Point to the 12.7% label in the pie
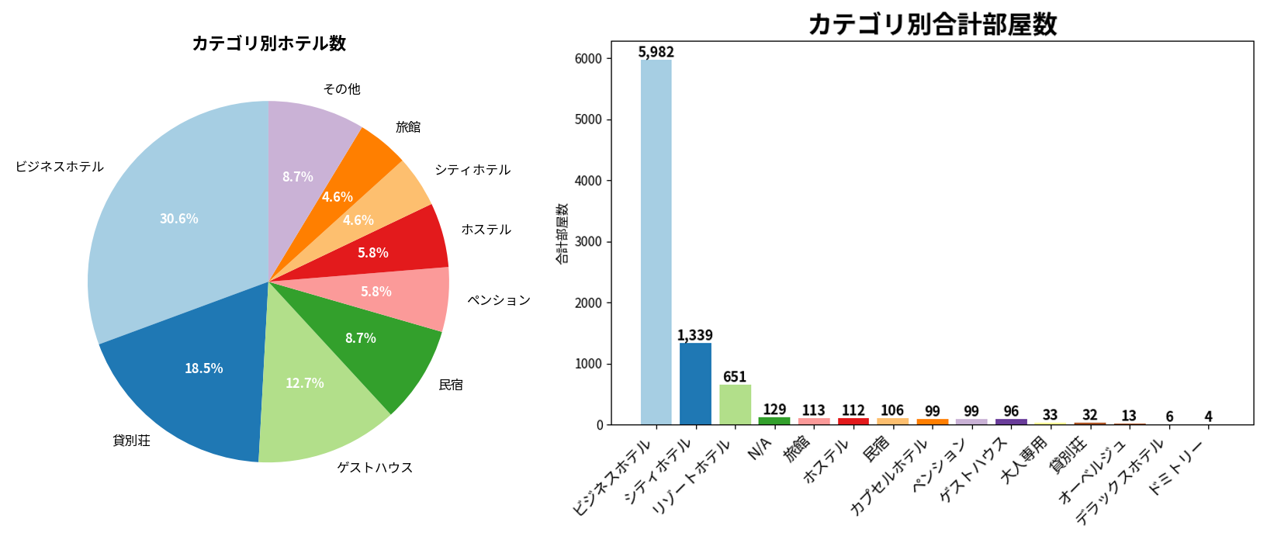pyautogui.click(x=305, y=383)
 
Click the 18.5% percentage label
pyautogui.click(x=203, y=368)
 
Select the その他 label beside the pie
pyautogui.click(x=341, y=89)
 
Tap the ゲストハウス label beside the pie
pyautogui.click(x=375, y=468)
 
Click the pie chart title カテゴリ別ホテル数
pyautogui.click(x=268, y=43)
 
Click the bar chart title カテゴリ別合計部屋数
pyautogui.click(x=932, y=24)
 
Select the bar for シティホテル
pyautogui.click(x=695, y=383)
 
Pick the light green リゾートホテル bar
pyautogui.click(x=735, y=404)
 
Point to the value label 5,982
pyautogui.click(x=656, y=52)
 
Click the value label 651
pyautogui.click(x=735, y=377)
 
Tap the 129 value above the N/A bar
pyautogui.click(x=774, y=409)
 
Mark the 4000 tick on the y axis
pyautogui.click(x=588, y=181)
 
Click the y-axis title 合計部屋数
pyautogui.click(x=561, y=233)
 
